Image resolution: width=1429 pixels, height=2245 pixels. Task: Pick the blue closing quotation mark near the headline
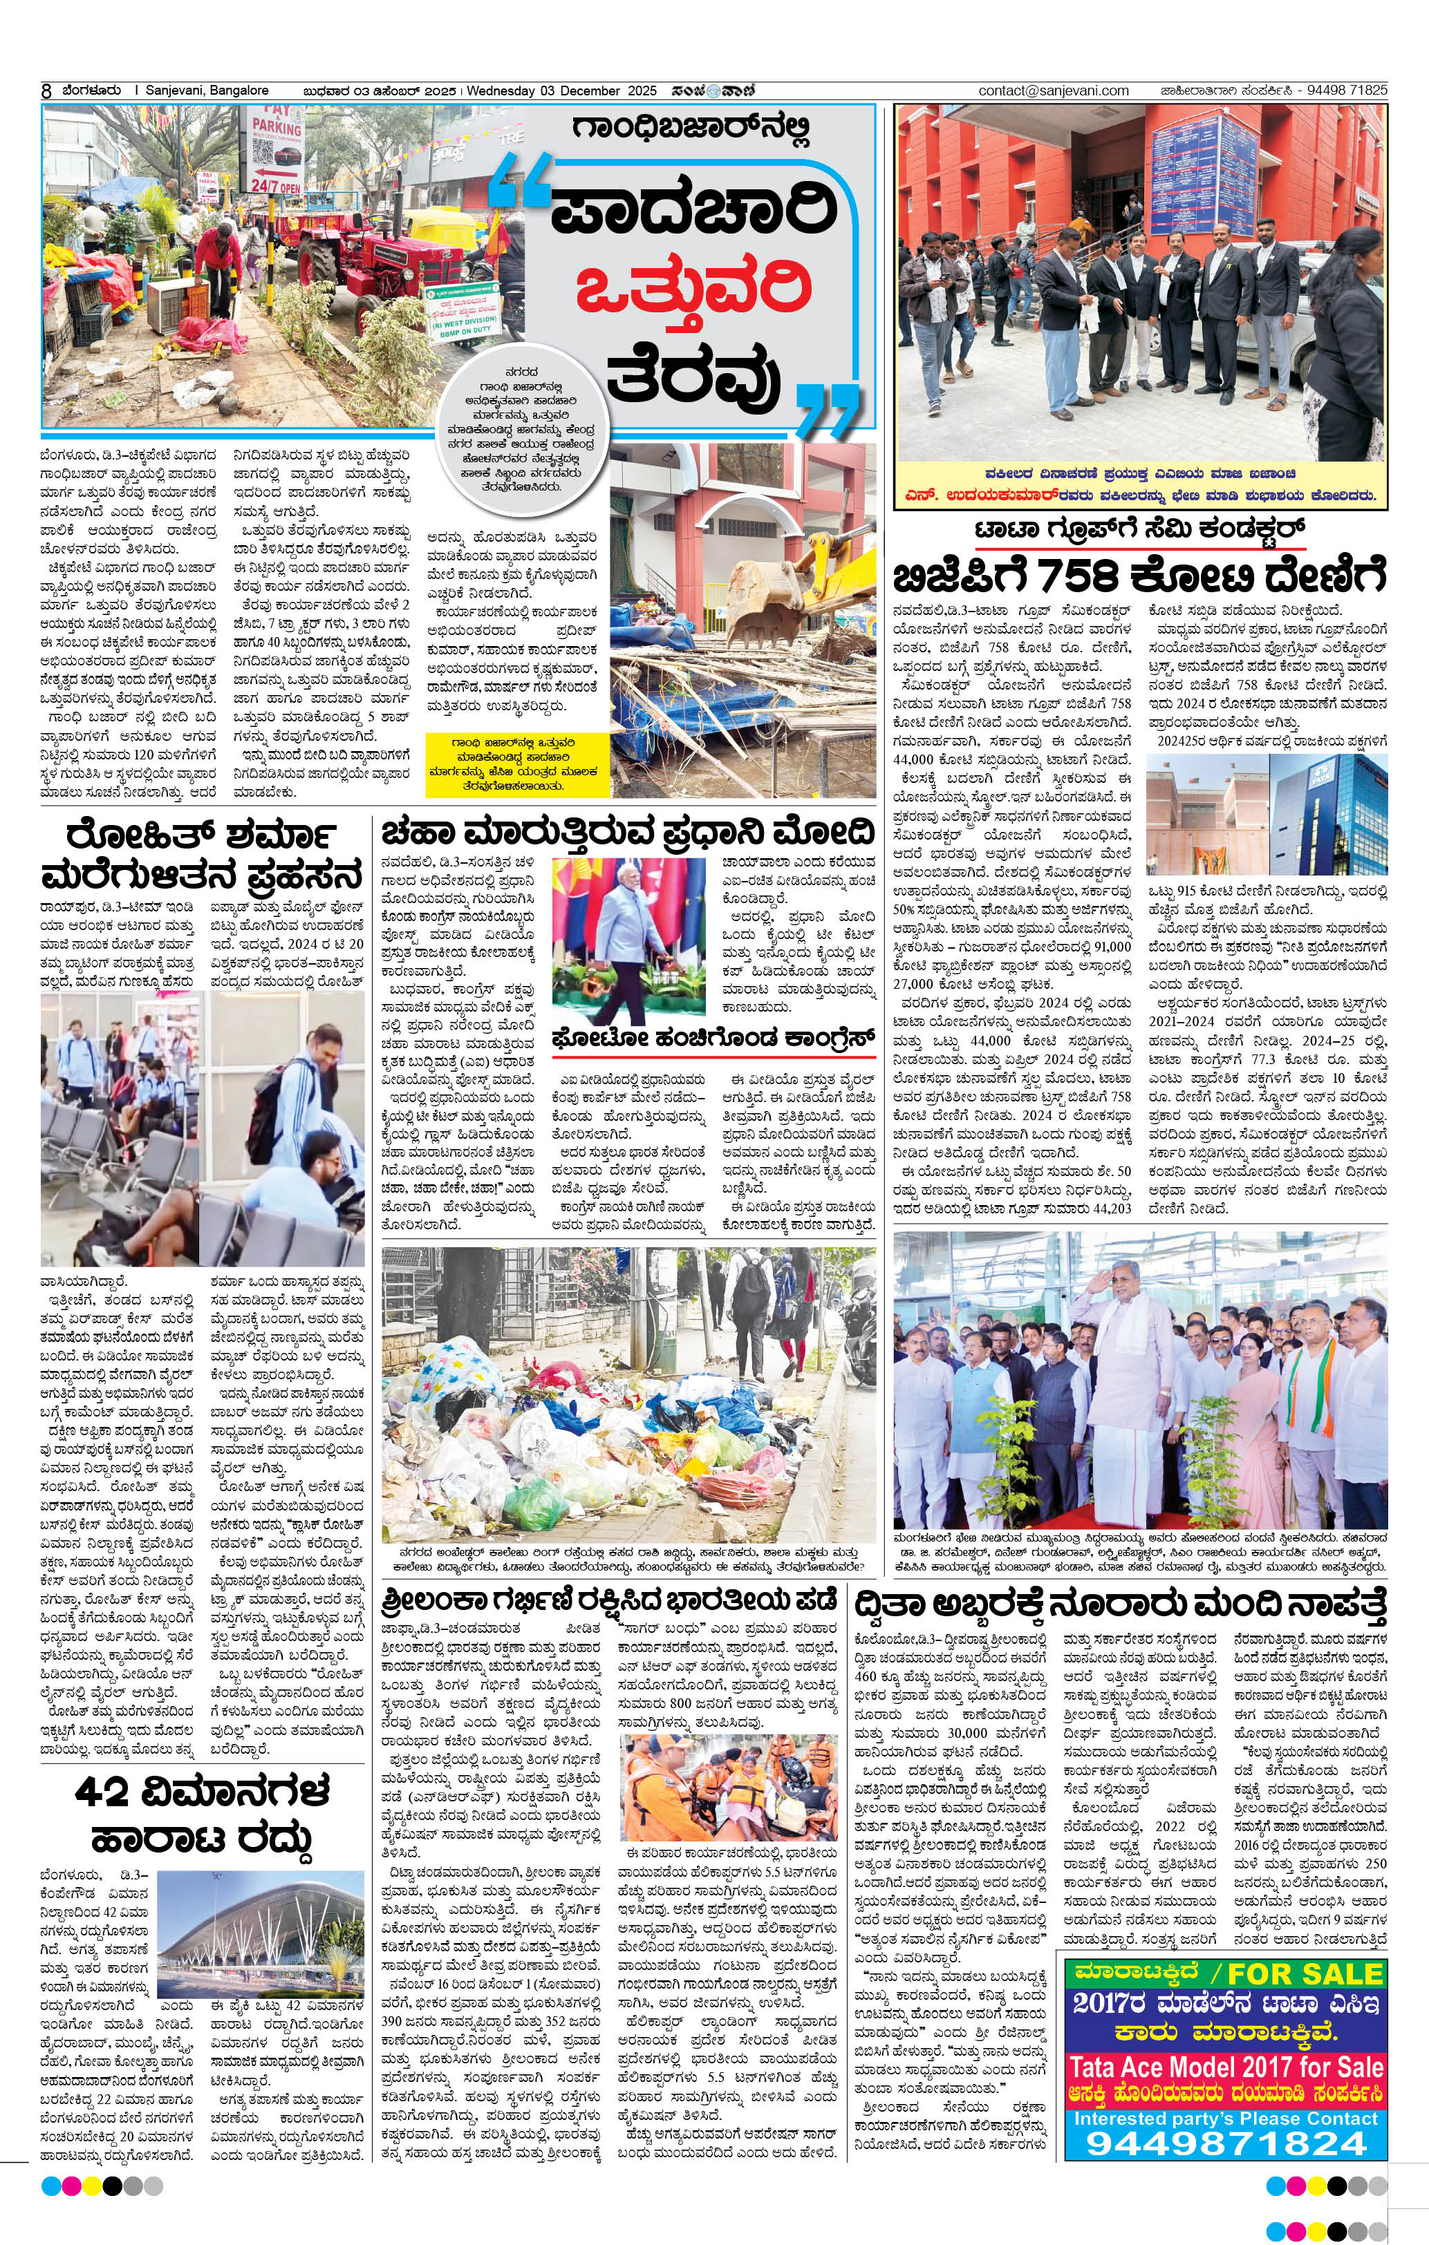(x=828, y=406)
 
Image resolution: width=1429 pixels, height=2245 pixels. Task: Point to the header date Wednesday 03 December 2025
(x=561, y=91)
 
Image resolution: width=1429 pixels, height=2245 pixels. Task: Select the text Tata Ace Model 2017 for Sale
(x=1226, y=2065)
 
